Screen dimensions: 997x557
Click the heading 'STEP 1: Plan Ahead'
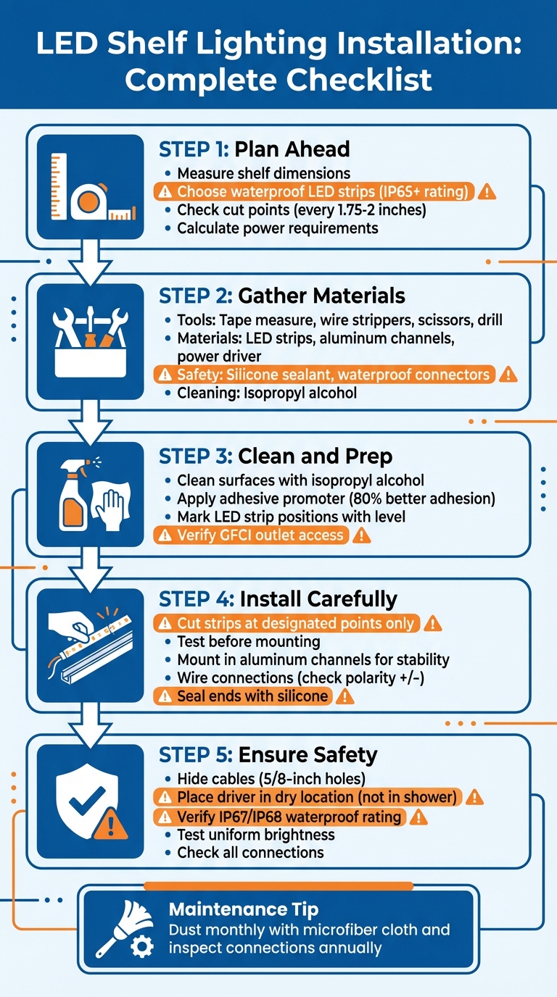click(x=254, y=149)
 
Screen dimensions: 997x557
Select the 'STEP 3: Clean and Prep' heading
click(x=276, y=456)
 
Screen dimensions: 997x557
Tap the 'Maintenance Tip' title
click(x=243, y=909)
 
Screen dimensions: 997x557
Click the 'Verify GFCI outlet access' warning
click(x=260, y=535)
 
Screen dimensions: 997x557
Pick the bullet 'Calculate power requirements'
click(x=277, y=228)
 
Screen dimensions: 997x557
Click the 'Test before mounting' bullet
click(x=248, y=641)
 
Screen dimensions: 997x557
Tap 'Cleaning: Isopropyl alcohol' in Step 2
click(x=266, y=393)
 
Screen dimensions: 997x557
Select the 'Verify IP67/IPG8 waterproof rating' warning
click(x=289, y=817)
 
